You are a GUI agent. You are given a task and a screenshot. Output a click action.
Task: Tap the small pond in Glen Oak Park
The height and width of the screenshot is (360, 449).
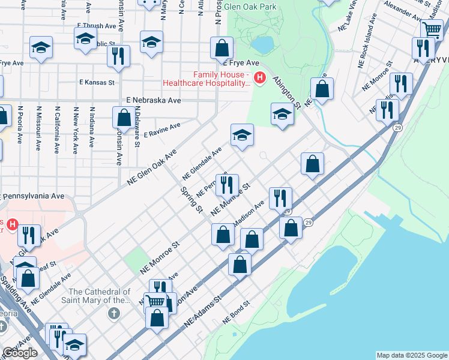[262, 44]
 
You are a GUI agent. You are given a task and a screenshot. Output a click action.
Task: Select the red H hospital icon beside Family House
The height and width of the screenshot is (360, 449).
[259, 77]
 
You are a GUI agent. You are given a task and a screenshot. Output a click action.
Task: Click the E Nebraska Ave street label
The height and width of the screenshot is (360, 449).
[154, 100]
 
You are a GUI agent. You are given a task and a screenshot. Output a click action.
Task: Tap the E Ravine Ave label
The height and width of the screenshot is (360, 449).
[162, 128]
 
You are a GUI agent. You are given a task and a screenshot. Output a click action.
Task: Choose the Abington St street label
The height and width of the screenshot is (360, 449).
[287, 92]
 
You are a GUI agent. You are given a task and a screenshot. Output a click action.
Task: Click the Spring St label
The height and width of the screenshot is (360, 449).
[191, 199]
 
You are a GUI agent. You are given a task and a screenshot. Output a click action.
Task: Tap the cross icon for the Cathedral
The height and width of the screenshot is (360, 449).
[113, 313]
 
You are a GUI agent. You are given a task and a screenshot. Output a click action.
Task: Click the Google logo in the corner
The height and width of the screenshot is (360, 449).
[20, 353]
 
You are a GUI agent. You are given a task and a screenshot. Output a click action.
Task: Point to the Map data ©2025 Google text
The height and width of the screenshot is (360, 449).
[412, 355]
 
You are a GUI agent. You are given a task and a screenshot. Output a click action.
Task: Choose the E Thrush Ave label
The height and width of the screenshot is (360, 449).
[97, 27]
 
